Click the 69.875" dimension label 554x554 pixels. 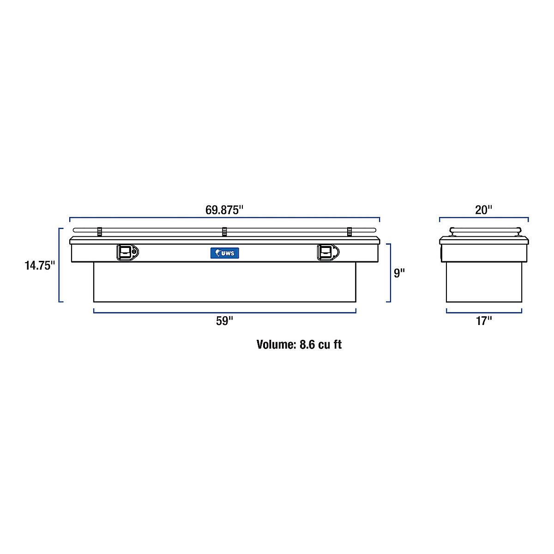point(224,210)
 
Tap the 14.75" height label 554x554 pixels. point(40,265)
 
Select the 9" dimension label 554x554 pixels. point(399,273)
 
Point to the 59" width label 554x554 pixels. point(224,321)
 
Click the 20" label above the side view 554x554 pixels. point(483,210)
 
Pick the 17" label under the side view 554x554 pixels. point(484,321)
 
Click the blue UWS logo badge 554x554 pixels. point(224,253)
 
